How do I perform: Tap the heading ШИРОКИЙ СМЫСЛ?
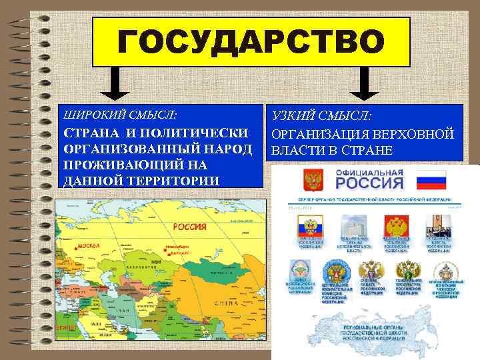pyautogui.click(x=106, y=113)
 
